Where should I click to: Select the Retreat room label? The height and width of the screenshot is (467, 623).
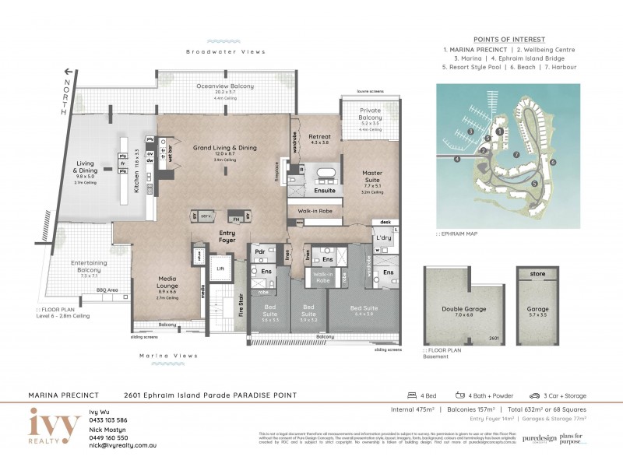[320, 136]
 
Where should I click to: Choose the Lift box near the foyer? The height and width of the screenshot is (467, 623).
[220, 269]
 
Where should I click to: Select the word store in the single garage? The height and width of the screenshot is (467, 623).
[537, 273]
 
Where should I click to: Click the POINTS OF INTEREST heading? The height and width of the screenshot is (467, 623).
[509, 39]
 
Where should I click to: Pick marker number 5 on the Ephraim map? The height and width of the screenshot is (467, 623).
[535, 183]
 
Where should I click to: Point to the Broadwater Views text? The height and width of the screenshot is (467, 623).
[226, 52]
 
